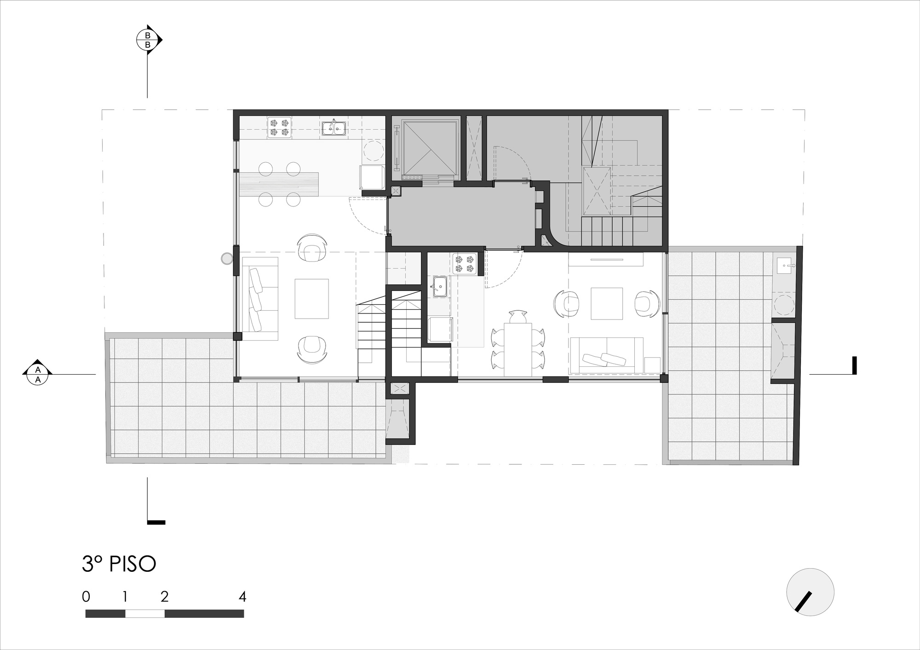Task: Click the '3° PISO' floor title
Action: (119, 564)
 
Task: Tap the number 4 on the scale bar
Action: (243, 597)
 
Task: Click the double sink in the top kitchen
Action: (334, 127)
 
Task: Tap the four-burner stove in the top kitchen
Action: (280, 127)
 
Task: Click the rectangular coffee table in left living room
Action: (312, 298)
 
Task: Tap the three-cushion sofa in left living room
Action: (260, 299)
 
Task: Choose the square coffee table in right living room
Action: (607, 303)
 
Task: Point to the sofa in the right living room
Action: (606, 355)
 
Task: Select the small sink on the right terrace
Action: (786, 266)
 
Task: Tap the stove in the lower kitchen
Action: (465, 264)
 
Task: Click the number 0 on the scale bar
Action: (86, 597)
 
